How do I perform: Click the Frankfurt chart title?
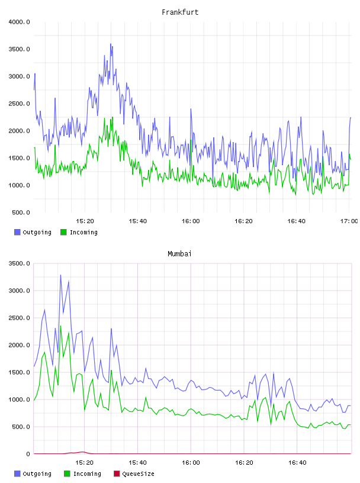(180, 12)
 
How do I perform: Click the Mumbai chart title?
(179, 254)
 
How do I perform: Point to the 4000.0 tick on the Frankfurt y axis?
(19, 22)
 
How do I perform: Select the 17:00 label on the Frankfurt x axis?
(349, 221)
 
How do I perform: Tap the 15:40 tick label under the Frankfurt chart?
(137, 221)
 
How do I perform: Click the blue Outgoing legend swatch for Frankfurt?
(17, 232)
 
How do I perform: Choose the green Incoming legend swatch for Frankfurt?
(63, 232)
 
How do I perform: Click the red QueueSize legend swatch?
(117, 474)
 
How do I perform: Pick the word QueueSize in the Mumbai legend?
(138, 474)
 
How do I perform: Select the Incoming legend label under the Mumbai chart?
(87, 474)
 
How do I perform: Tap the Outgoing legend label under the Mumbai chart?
(37, 474)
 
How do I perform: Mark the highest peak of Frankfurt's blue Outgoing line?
(111, 44)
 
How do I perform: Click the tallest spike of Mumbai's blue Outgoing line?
(60, 275)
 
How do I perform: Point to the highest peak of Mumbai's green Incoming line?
(60, 326)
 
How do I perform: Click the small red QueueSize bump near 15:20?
(82, 452)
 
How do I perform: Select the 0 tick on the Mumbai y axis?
(28, 454)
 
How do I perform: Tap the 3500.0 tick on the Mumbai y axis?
(19, 263)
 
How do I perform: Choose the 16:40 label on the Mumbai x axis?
(297, 462)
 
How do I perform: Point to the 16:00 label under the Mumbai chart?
(191, 462)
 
